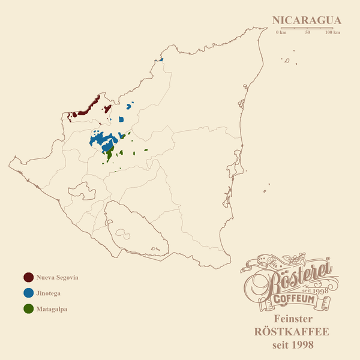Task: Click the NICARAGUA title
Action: [306, 20]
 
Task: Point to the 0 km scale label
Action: [281, 32]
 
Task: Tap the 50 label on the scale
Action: [308, 32]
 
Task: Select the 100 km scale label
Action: [332, 32]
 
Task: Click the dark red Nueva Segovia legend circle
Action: [28, 278]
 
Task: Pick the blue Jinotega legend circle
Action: [28, 293]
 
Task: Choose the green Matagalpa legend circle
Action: [28, 310]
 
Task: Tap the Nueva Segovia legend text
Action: [58, 278]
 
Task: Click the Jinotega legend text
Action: [49, 294]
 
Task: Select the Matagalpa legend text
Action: [52, 310]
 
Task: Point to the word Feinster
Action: [293, 319]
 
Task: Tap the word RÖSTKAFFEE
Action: [293, 332]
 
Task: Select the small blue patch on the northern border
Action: [161, 59]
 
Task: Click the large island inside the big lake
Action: [124, 233]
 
